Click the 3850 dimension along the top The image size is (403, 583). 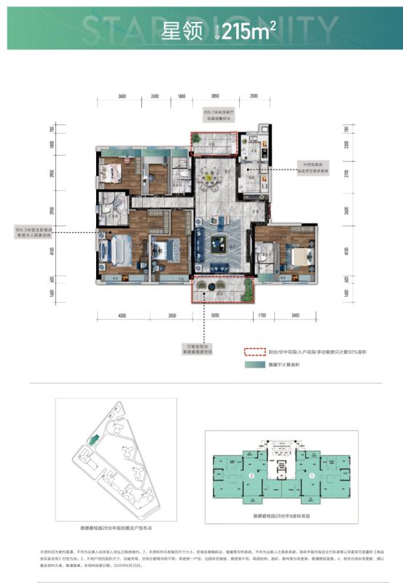(215, 96)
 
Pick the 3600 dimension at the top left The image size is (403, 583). (122, 96)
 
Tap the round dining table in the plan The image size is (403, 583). (212, 175)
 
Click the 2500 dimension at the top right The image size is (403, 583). (254, 96)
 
